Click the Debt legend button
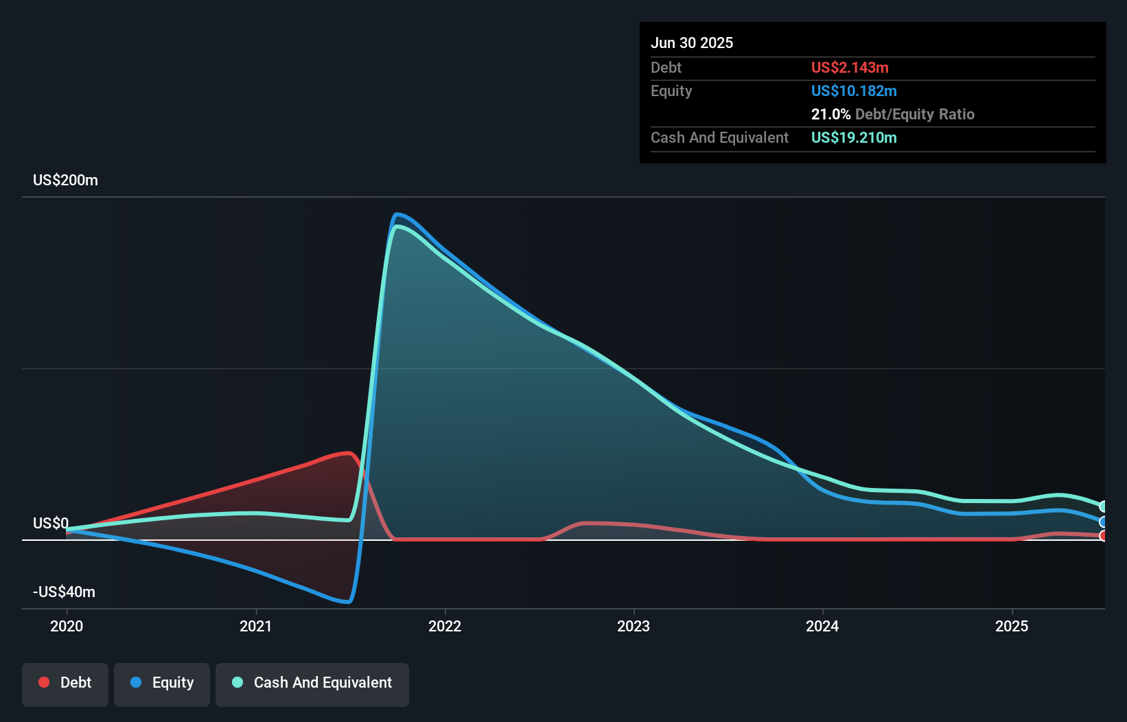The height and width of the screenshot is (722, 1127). tap(65, 683)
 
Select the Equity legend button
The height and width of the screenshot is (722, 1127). tap(162, 683)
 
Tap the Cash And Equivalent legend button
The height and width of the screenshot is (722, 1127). tap(312, 683)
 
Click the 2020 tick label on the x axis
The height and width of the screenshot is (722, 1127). tap(67, 626)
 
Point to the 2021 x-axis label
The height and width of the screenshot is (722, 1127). tap(255, 626)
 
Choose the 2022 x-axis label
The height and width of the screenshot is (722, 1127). tap(445, 626)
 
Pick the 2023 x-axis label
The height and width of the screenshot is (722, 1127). tap(634, 626)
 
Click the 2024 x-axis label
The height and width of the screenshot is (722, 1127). tap(822, 626)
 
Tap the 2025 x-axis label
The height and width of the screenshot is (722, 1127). tap(1012, 626)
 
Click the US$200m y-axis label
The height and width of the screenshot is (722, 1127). tap(65, 180)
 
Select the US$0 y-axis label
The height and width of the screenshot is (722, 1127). tap(51, 524)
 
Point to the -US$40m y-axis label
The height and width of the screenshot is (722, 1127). tap(64, 592)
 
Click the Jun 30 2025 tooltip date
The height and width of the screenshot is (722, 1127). tap(692, 43)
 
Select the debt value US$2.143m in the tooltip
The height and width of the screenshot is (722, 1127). tap(850, 68)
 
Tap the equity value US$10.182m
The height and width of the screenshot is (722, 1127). tap(854, 91)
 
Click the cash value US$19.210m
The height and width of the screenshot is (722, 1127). tap(854, 138)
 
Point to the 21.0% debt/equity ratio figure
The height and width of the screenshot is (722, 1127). tap(830, 115)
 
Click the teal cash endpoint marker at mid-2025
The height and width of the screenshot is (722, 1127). tap(1103, 506)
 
